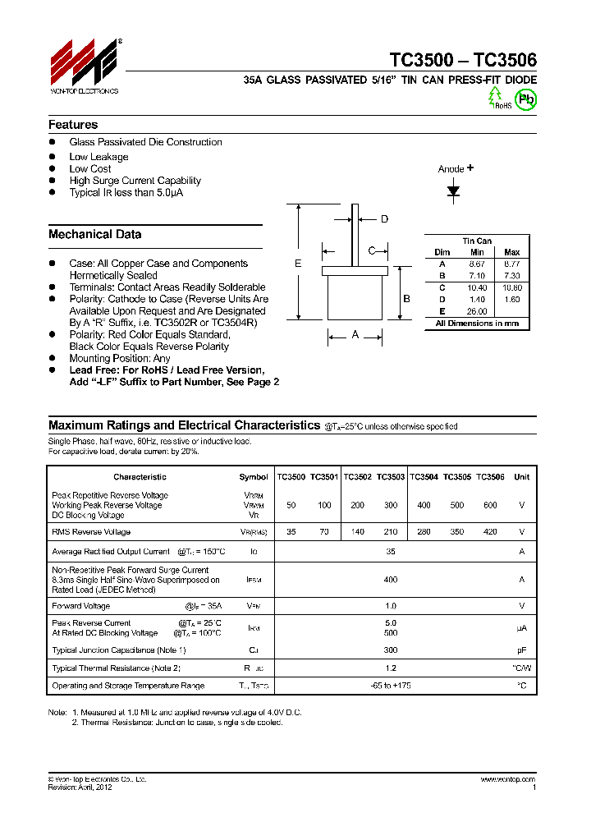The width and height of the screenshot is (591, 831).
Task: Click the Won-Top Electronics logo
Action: [85, 67]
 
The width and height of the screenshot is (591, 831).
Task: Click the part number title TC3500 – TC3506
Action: [463, 61]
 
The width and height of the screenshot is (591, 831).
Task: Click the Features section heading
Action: [73, 125]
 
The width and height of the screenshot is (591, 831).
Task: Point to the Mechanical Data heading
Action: [94, 234]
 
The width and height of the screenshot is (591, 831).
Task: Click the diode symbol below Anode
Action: [453, 191]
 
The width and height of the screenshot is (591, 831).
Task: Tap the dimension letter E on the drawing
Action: [298, 263]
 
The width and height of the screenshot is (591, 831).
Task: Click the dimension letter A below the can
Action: [355, 334]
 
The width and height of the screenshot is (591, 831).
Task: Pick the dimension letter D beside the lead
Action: [384, 218]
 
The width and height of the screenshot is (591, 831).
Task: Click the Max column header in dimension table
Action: [511, 252]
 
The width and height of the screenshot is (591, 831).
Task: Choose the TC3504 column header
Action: [424, 476]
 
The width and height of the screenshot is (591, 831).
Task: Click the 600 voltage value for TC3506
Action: [490, 506]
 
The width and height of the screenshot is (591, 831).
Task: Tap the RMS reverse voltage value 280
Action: [424, 532]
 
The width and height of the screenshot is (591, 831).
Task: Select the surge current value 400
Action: [390, 579]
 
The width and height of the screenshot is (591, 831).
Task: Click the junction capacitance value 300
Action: [390, 650]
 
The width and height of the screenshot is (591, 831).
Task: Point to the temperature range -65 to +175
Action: [390, 685]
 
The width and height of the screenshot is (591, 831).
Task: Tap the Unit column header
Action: [521, 476]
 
